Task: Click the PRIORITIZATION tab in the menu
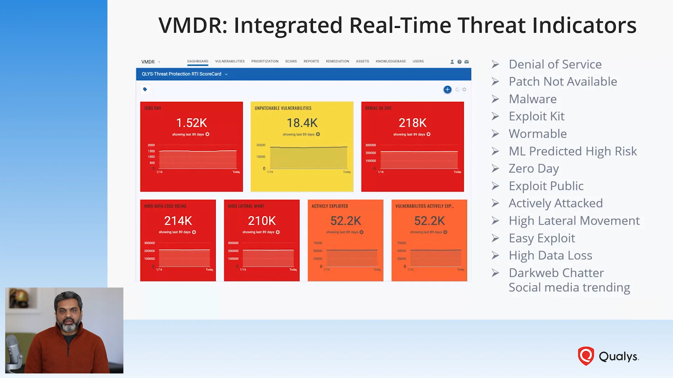tap(265, 61)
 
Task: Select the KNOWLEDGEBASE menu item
tap(390, 61)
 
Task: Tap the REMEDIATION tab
tap(337, 61)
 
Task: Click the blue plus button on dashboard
tap(447, 90)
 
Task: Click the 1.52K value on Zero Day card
tap(191, 123)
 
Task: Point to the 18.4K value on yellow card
tap(302, 123)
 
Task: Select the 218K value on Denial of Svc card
tap(412, 123)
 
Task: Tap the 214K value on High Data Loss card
tap(178, 221)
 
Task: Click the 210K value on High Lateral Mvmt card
tap(261, 221)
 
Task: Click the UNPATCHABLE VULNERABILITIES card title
tap(283, 108)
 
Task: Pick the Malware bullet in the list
tap(532, 99)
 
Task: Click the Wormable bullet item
tap(537, 134)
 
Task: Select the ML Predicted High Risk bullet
tap(572, 151)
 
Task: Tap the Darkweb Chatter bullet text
tap(556, 273)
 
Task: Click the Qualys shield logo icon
tap(586, 356)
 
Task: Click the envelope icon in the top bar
tap(467, 62)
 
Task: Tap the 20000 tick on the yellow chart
tap(261, 145)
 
